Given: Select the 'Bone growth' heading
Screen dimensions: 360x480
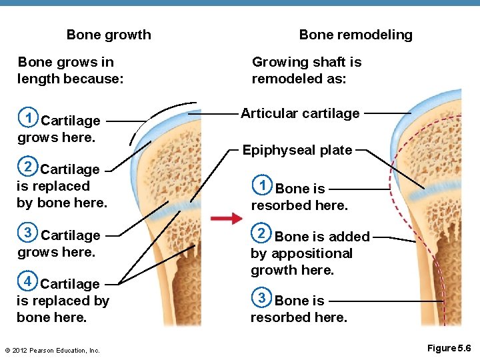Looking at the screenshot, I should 109,35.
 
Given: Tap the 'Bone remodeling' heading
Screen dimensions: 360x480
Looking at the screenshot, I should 355,35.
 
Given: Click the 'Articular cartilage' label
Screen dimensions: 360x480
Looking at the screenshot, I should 300,113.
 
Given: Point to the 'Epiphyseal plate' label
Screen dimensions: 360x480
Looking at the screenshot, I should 297,150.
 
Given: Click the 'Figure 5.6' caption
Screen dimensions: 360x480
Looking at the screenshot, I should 449,348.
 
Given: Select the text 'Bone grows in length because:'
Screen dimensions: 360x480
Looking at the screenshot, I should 70,71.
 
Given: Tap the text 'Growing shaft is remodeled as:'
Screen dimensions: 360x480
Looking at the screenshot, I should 307,71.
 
